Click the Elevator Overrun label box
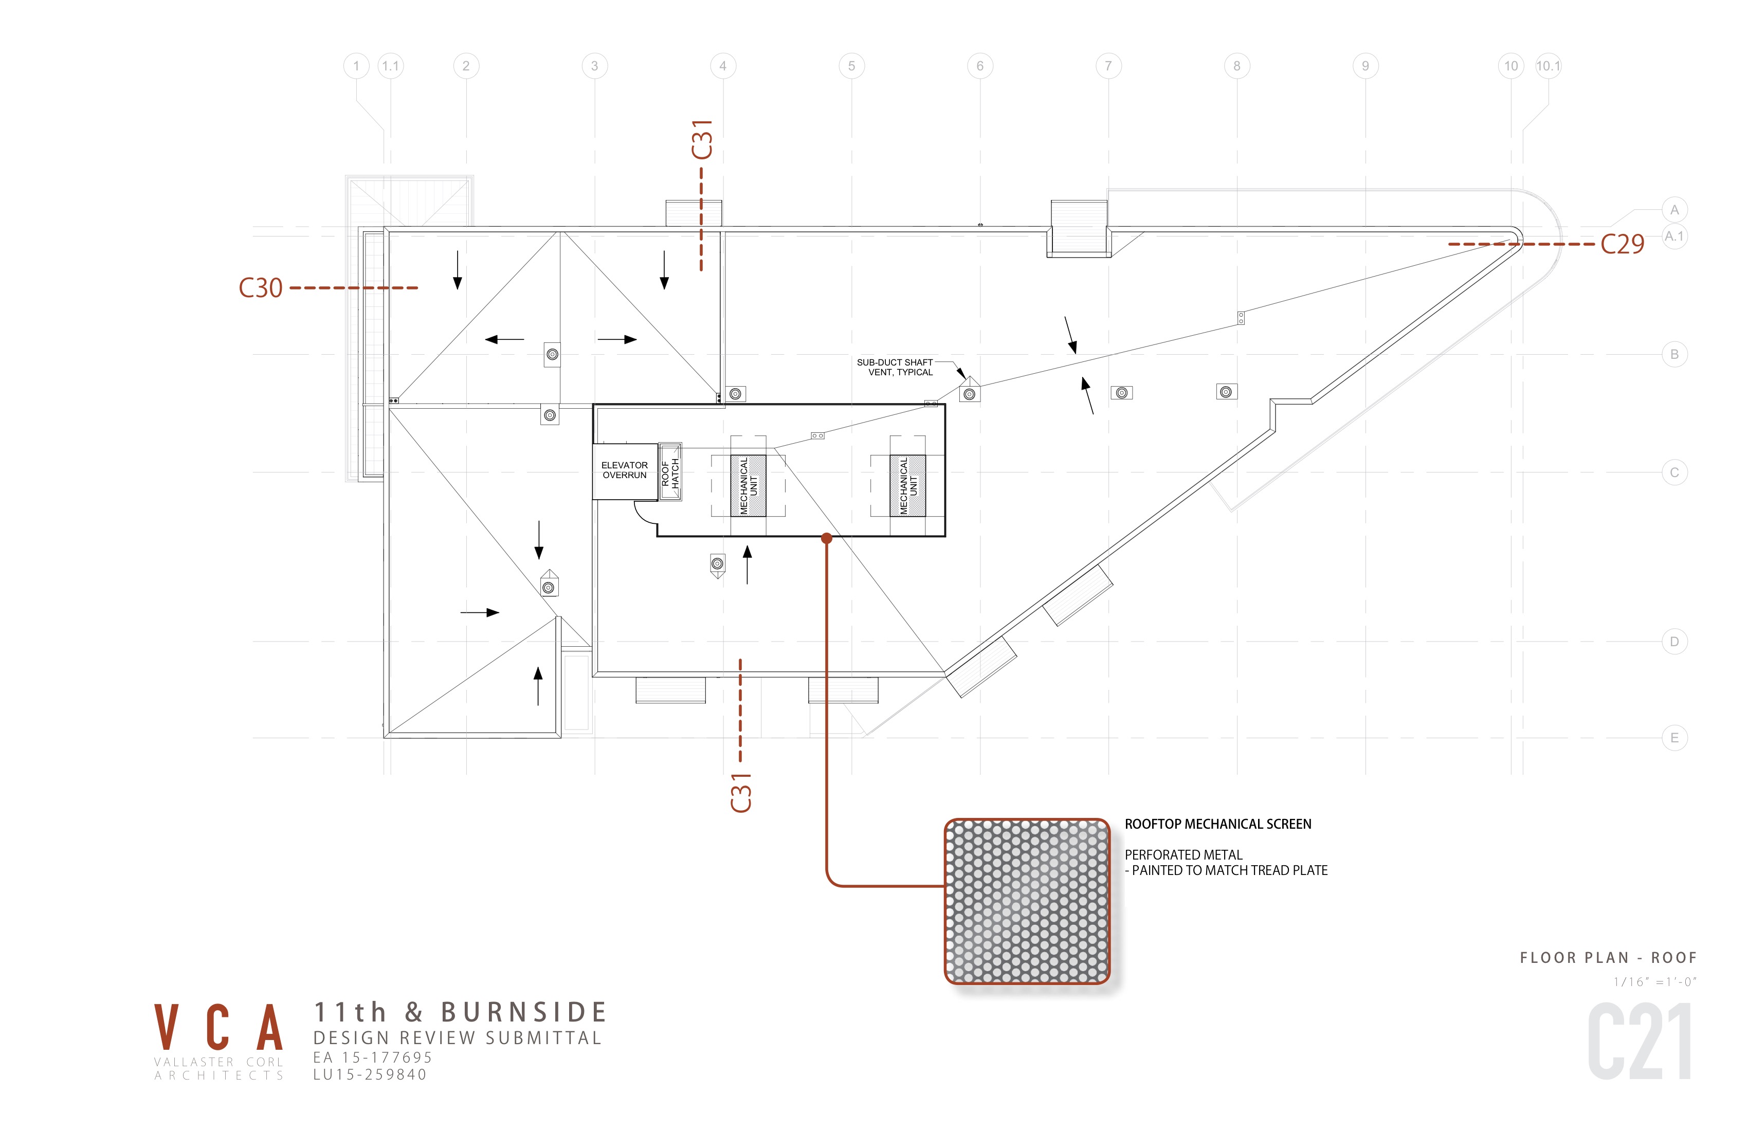click(x=625, y=471)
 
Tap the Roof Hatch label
click(x=670, y=473)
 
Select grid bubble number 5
click(x=851, y=66)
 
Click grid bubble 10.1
click(x=1548, y=66)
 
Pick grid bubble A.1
click(x=1674, y=236)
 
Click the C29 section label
click(x=1623, y=244)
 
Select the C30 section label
click(x=261, y=288)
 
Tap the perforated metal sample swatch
click(x=1027, y=901)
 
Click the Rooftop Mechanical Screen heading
click(x=1218, y=824)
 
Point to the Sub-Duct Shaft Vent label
click(x=895, y=367)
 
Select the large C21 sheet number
click(x=1640, y=1042)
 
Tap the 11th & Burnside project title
click(x=461, y=1012)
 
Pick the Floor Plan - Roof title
click(x=1609, y=958)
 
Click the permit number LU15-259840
click(x=370, y=1074)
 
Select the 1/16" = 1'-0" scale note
click(x=1655, y=982)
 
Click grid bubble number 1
click(x=356, y=66)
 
